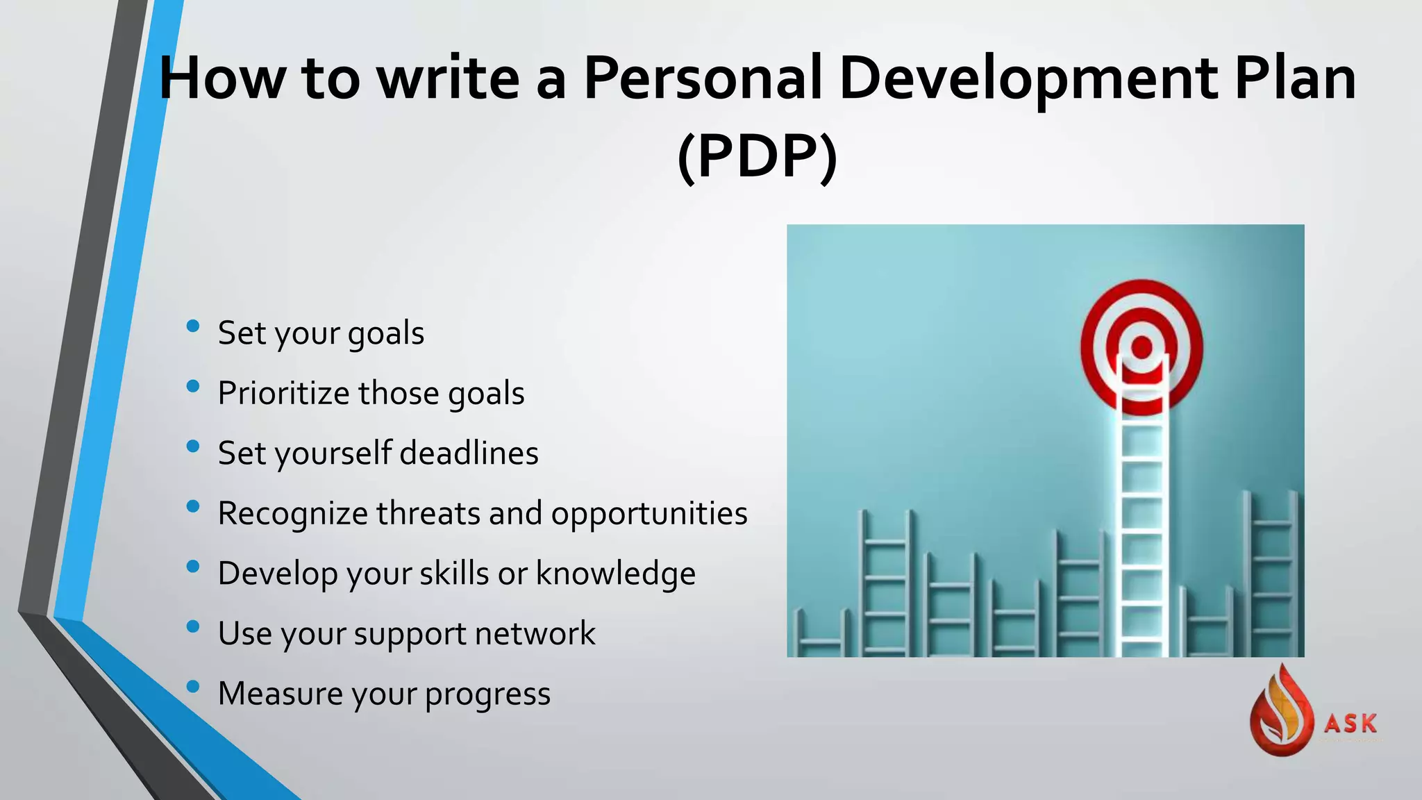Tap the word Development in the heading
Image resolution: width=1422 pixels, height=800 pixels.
[x=1028, y=78]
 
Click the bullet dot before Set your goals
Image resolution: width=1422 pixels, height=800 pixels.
[x=193, y=326]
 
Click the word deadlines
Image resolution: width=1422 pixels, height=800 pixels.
[x=469, y=453]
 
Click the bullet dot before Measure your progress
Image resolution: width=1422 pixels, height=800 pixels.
[x=193, y=687]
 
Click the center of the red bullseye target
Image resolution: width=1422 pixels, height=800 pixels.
[x=1141, y=347]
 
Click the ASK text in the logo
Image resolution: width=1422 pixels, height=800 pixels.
[x=1350, y=724]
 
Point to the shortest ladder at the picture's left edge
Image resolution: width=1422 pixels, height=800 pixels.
[x=821, y=635]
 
